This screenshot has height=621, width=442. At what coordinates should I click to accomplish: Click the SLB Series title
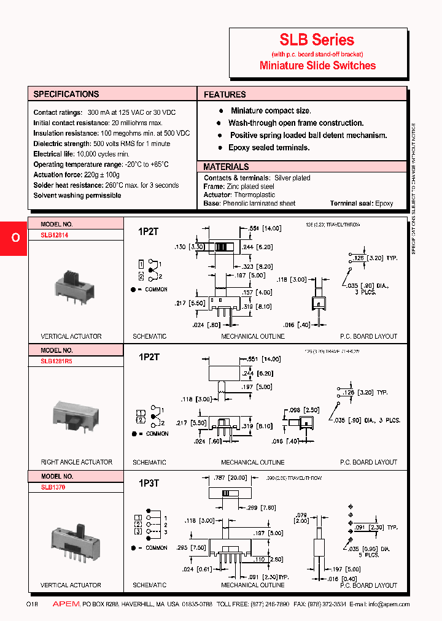(x=317, y=40)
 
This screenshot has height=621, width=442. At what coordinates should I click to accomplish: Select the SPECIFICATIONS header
(x=66, y=94)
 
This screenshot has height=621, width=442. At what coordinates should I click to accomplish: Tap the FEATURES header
(x=225, y=94)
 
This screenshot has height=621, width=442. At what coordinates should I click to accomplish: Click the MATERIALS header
(x=226, y=167)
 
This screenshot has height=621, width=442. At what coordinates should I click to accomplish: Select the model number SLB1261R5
(x=56, y=361)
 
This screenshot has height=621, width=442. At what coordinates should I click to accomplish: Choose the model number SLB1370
(x=53, y=487)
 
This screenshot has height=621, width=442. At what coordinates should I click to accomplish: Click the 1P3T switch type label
(x=149, y=483)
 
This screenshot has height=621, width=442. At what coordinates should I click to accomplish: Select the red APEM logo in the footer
(x=66, y=604)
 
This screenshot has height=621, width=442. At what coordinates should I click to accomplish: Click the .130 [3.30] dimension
(x=187, y=246)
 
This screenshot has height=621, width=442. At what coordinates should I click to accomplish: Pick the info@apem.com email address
(x=389, y=604)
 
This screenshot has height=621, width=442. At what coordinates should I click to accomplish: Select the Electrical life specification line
(x=81, y=154)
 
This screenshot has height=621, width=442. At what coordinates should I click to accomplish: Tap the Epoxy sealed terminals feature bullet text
(x=269, y=148)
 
